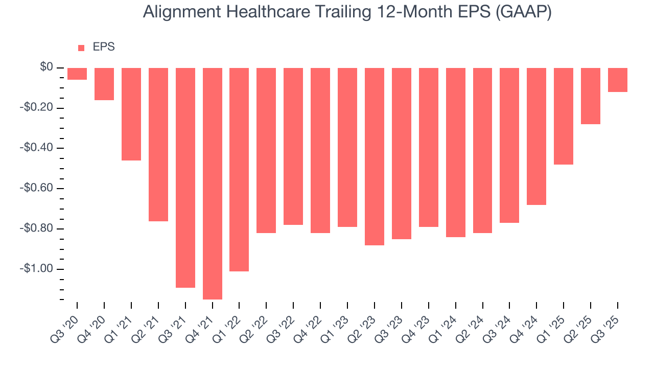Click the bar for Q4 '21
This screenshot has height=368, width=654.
pos(213,183)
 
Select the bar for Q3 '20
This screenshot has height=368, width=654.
pos(77,74)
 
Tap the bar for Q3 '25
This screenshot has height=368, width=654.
pos(618,80)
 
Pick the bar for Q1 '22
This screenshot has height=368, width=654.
pos(239,169)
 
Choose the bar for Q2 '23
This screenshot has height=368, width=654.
pos(375,156)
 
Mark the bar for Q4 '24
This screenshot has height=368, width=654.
pos(536,136)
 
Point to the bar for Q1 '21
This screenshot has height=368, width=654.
pos(131,114)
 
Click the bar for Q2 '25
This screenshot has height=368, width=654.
pos(591,96)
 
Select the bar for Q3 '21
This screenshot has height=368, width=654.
pos(185,177)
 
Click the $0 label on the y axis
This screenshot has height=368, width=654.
pos(47,67)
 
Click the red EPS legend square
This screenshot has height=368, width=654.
pos(81,48)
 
